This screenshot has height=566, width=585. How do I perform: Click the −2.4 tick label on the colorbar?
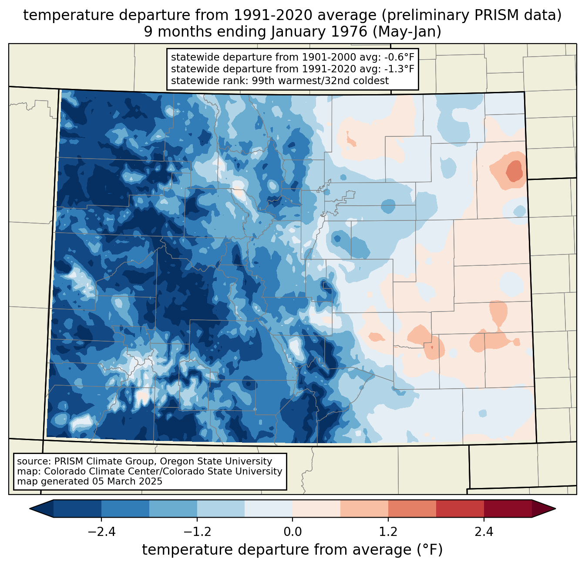101,532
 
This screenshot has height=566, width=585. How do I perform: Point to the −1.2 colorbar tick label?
197,532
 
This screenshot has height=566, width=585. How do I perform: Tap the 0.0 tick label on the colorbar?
292,532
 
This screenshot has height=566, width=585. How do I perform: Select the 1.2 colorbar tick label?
388,532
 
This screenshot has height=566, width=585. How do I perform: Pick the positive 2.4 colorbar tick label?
484,532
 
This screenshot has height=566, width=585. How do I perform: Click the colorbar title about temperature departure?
292,550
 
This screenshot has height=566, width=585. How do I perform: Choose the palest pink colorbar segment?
316,508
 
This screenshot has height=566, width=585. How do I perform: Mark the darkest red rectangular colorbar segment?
508,508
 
